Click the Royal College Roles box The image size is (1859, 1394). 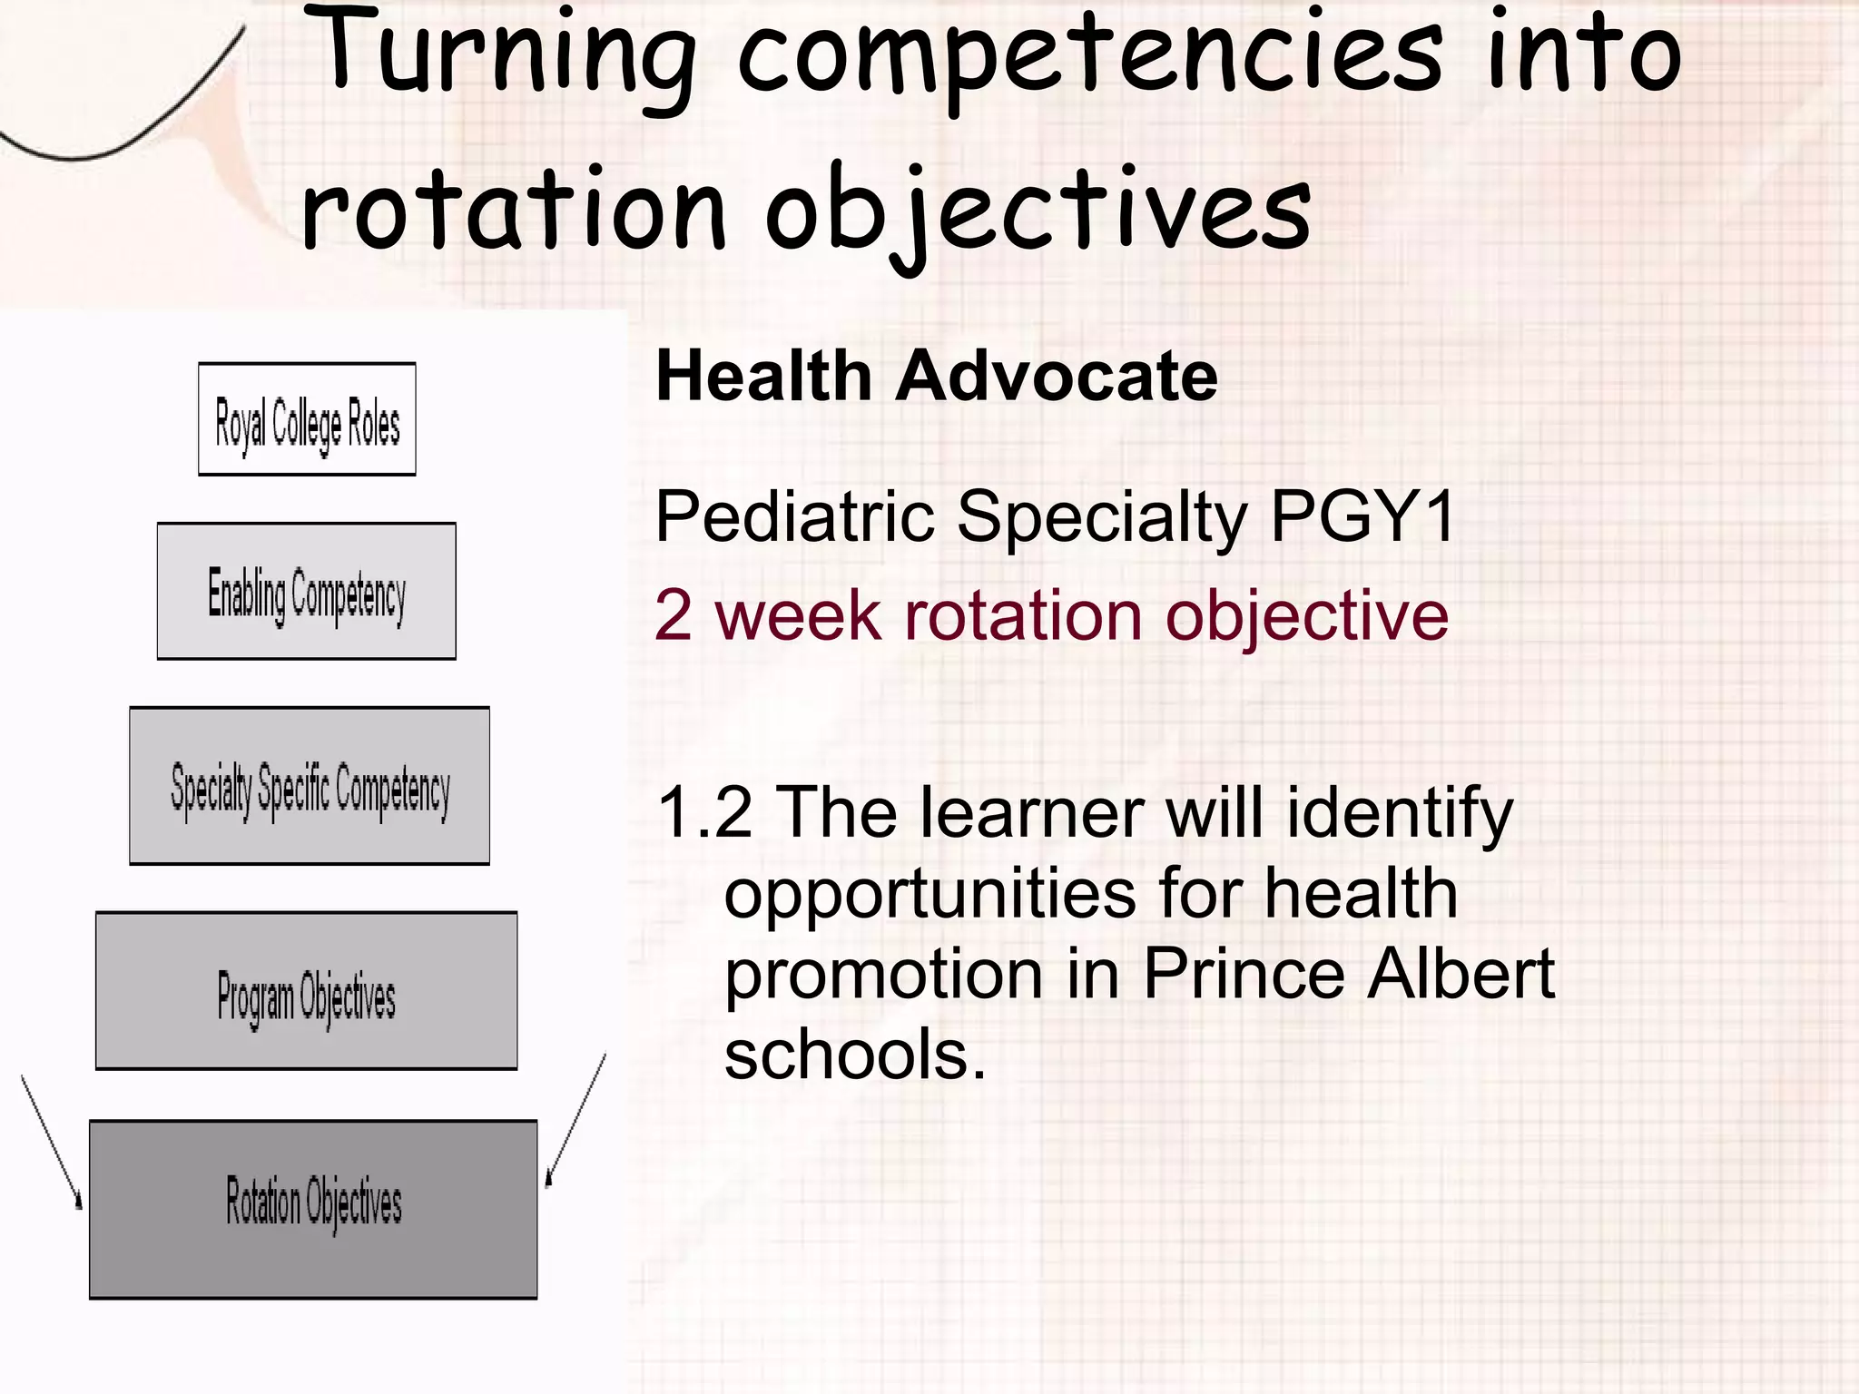(x=307, y=419)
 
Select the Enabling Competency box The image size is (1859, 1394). (x=307, y=592)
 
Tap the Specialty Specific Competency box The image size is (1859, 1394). (x=310, y=786)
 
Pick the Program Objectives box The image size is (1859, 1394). (x=307, y=991)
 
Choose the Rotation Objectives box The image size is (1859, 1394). (x=313, y=1210)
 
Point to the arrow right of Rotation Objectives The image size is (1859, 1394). (x=575, y=1121)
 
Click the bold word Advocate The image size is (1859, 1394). (x=1057, y=377)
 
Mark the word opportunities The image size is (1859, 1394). (x=929, y=894)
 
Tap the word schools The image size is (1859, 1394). (x=854, y=1055)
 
